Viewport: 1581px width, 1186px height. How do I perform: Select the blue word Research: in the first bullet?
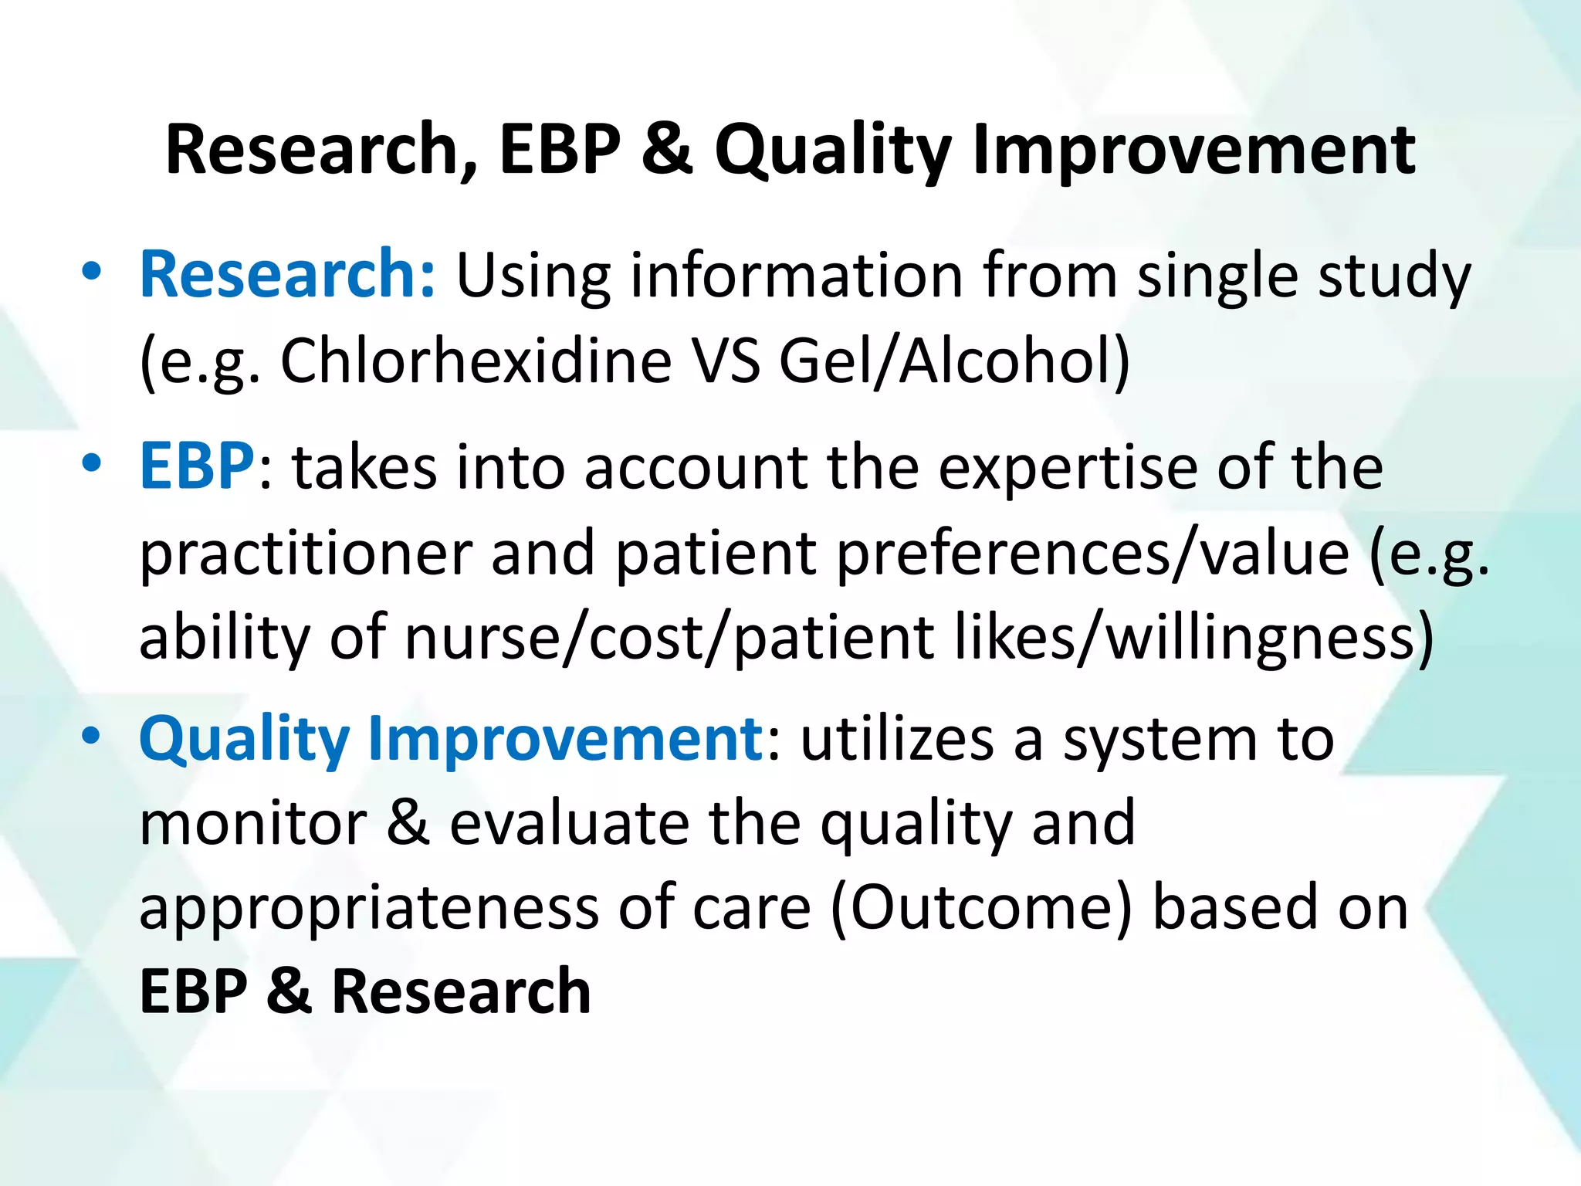coord(288,276)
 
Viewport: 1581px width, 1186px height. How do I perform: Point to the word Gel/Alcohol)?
coord(954,361)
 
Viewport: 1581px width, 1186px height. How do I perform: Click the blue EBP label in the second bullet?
coord(196,467)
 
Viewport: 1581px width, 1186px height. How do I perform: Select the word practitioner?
coord(306,554)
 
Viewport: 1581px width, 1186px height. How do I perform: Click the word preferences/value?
coord(1092,554)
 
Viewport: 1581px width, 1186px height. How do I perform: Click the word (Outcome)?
coord(981,909)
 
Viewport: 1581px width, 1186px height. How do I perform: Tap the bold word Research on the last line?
coord(461,991)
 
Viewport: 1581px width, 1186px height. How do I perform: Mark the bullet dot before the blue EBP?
coord(91,463)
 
